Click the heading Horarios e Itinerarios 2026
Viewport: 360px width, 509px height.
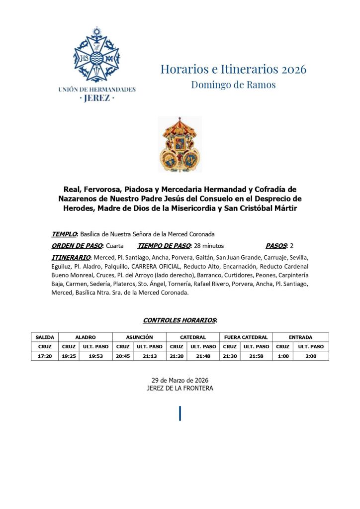pos(233,69)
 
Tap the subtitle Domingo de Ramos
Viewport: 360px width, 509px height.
pos(233,85)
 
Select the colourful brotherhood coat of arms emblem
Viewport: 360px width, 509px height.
pos(180,144)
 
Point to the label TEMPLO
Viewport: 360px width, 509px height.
pos(64,234)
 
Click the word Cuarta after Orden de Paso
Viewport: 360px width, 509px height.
pos(114,246)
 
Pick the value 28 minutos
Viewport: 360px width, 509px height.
pos(209,246)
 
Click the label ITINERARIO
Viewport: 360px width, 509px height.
pos(71,257)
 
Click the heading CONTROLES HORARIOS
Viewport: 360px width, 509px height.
pos(180,320)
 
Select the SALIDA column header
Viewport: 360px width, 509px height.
pos(45,337)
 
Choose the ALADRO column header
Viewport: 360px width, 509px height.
pos(86,337)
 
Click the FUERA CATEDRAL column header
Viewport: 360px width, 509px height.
pos(246,337)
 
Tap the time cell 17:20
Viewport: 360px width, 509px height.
pos(45,356)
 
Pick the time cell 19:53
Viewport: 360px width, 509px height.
pos(95,356)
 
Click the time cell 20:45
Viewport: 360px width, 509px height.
pos(123,356)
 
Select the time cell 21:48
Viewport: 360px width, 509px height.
pos(203,356)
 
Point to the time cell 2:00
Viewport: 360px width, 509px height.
pos(311,356)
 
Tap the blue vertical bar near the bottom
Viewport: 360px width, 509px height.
pos(180,413)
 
